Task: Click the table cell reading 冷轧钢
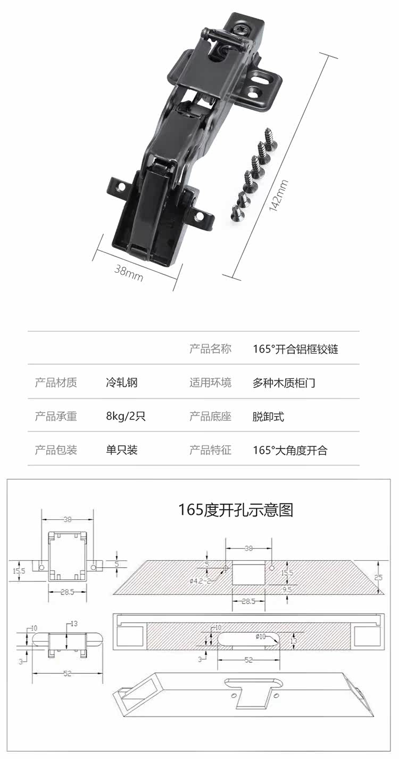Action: [122, 382]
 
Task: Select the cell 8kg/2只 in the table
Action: [126, 417]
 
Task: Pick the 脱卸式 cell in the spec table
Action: [268, 417]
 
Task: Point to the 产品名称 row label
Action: [210, 349]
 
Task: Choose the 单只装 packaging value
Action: [122, 450]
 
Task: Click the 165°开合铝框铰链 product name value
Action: [295, 349]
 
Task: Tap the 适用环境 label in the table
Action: [210, 382]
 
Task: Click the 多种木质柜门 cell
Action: [284, 382]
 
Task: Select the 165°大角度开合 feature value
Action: [290, 450]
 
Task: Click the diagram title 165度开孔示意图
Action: [236, 510]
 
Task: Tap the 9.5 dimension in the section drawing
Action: [287, 590]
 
